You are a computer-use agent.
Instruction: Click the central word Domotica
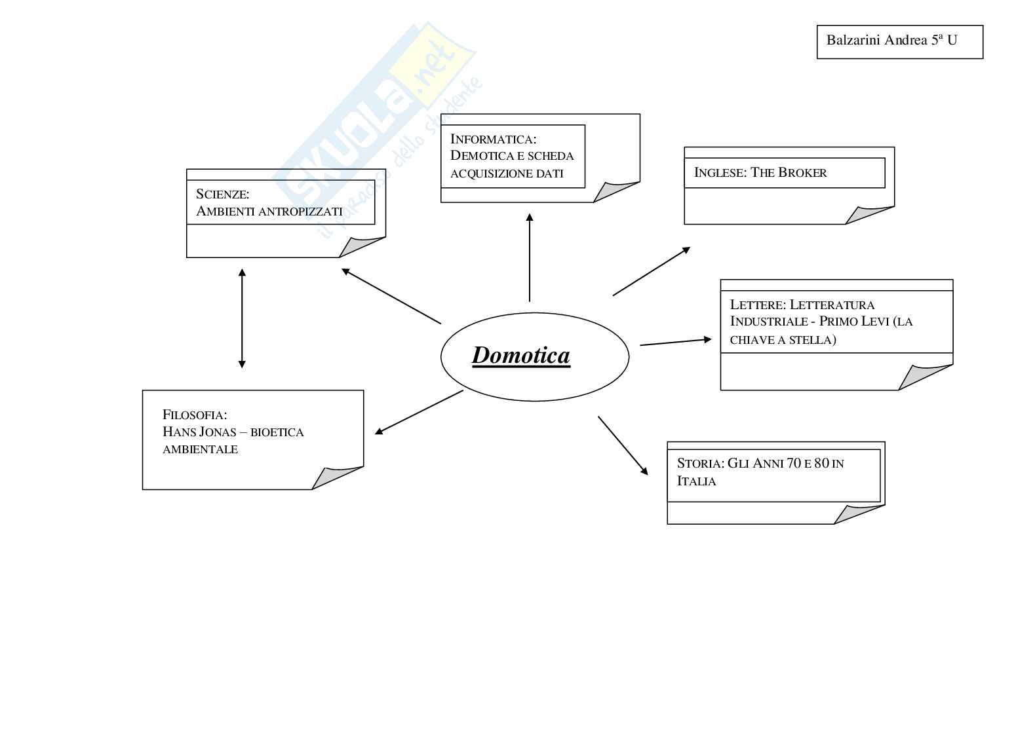click(521, 355)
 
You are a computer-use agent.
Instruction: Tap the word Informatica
click(492, 139)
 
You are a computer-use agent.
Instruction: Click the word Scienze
click(222, 194)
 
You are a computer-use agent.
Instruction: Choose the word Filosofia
click(195, 415)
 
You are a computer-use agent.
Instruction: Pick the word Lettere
click(756, 305)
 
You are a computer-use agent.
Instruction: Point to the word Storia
click(699, 464)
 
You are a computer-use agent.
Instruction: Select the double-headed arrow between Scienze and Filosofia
click(242, 318)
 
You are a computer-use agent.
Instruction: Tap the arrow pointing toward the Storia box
click(623, 445)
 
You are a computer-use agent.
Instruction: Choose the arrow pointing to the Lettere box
click(676, 342)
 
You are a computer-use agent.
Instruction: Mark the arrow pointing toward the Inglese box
click(652, 271)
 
